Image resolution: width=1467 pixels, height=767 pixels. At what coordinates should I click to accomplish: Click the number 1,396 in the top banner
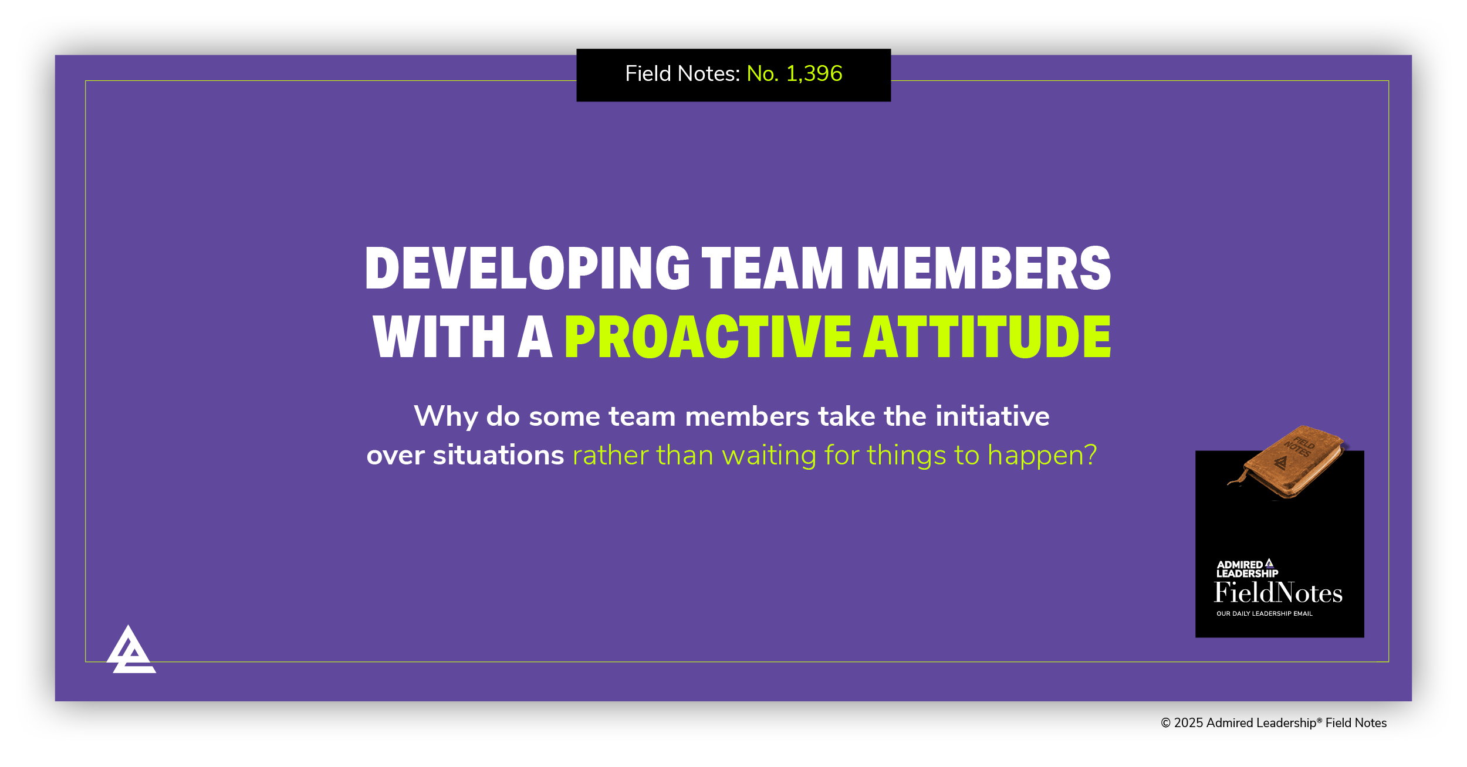[814, 74]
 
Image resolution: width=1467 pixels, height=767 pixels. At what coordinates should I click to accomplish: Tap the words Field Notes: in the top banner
[682, 74]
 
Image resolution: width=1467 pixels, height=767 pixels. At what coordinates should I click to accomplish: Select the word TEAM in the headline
[772, 268]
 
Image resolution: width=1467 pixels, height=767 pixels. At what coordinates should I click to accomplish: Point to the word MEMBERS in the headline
[983, 268]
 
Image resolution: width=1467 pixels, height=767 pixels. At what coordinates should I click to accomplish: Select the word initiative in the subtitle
[992, 416]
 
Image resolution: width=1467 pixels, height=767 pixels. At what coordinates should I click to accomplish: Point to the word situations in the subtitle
[498, 456]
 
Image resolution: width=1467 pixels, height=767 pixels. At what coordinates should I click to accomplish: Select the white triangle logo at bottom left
[131, 651]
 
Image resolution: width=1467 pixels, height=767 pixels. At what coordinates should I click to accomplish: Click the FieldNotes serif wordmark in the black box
[1278, 593]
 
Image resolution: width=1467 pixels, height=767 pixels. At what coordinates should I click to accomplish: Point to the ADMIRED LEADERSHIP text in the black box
[1246, 569]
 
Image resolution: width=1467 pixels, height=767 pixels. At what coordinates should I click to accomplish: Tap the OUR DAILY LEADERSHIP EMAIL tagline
[1264, 614]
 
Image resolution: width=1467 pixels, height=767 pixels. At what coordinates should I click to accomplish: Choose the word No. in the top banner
[762, 74]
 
